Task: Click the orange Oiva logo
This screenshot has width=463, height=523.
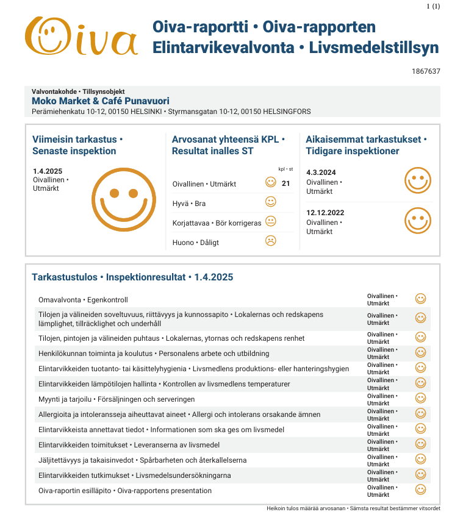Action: (81, 36)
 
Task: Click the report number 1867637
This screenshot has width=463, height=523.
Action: (426, 71)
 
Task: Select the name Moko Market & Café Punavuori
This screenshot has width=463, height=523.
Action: (100, 101)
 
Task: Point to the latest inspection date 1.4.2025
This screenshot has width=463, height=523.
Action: (48, 171)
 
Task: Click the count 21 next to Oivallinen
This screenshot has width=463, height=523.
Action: (285, 183)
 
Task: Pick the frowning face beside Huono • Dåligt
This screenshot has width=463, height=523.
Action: (271, 241)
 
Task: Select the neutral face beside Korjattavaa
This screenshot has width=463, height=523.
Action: (271, 221)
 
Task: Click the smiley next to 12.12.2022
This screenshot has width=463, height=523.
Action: (418, 220)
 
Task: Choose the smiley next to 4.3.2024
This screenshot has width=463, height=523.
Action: (418, 180)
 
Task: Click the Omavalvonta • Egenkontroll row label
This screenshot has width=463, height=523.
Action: (83, 300)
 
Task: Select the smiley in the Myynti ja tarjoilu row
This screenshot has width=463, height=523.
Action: (420, 398)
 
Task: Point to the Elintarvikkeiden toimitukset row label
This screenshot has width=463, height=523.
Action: (129, 445)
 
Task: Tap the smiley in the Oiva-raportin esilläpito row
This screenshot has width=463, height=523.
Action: (420, 489)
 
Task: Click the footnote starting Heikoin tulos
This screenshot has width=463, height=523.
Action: (353, 508)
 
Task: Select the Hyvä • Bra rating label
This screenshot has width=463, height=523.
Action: (189, 203)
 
